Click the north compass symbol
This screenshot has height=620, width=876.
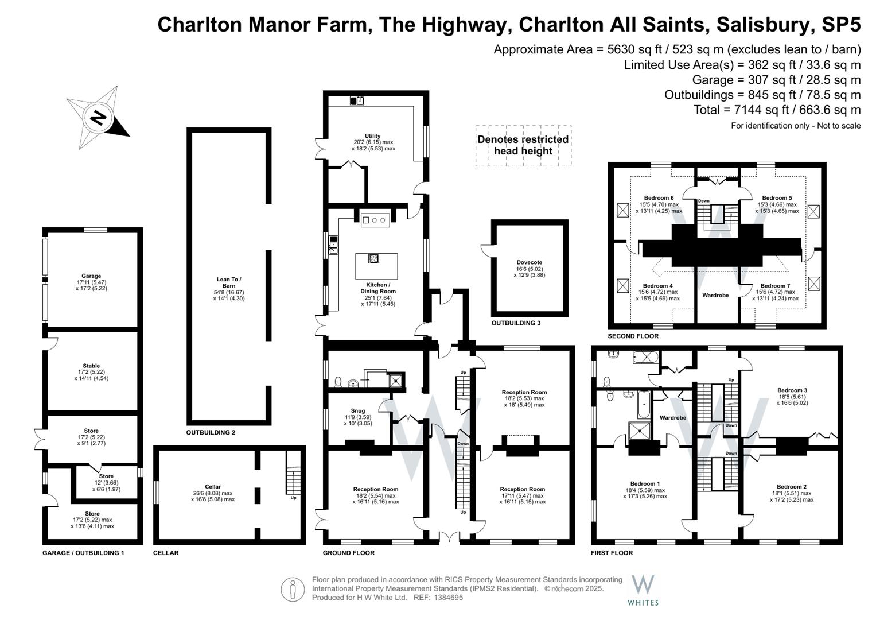(x=98, y=118)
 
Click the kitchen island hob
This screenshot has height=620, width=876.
(x=373, y=258)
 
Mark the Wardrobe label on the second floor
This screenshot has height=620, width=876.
(x=715, y=295)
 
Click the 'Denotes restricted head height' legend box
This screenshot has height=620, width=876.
(x=523, y=146)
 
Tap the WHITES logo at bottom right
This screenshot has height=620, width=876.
(x=643, y=590)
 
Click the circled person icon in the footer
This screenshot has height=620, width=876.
(x=293, y=590)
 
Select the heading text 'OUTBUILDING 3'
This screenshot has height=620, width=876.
(x=516, y=323)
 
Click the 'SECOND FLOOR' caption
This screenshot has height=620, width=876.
(x=633, y=336)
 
